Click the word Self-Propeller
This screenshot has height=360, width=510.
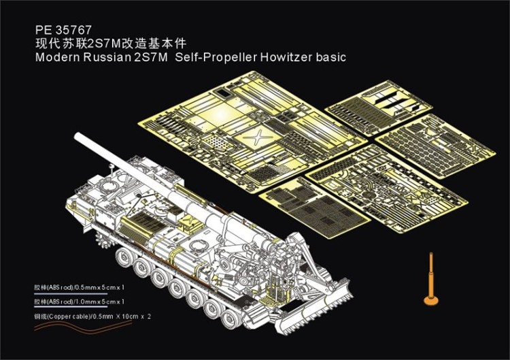click(x=216, y=57)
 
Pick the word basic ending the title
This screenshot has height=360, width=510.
click(x=330, y=57)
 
